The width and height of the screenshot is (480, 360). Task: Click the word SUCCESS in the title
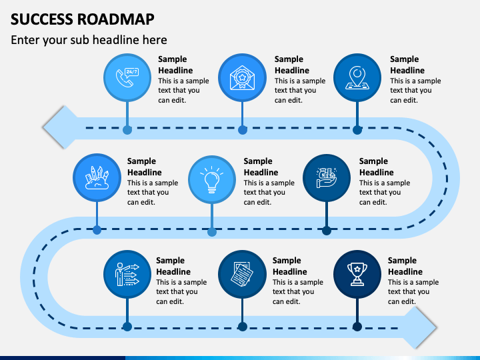pos(42,19)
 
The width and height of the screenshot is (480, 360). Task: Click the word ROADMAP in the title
pos(116,19)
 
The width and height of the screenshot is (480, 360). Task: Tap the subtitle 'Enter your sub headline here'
pos(89,40)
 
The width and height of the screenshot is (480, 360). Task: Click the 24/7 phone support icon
pos(127,77)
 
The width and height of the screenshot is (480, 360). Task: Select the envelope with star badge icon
pos(242,78)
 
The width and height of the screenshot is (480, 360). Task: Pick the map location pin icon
pos(357,78)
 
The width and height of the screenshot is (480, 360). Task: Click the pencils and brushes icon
pos(97,178)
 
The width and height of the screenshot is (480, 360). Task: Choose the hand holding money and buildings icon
pos(326,178)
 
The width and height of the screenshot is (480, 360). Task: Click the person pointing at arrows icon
pos(127,274)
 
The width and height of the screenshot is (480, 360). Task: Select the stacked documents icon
pos(242,274)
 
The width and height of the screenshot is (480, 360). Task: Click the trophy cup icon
pos(357,274)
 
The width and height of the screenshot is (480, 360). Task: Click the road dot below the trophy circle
pos(357,327)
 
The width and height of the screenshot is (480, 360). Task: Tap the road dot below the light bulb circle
pos(212,232)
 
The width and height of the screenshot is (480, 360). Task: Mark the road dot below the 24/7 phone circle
pos(127,130)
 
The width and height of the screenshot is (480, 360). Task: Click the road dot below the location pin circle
pos(357,130)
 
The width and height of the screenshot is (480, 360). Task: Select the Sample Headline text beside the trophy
pos(405,266)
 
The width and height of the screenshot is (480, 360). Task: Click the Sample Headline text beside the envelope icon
pos(292,65)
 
